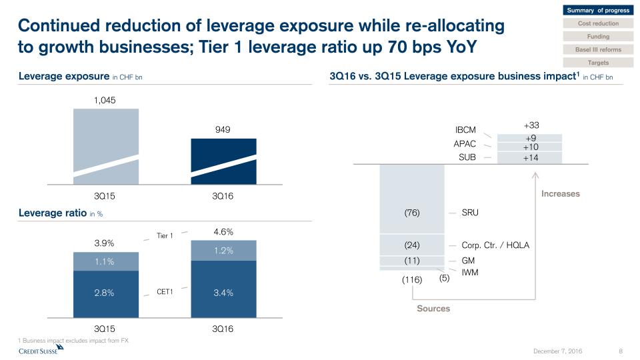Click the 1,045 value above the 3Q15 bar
[x=106, y=100]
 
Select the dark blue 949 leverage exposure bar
[x=223, y=160]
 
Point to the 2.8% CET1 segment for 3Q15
[x=106, y=292]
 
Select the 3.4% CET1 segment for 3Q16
[x=223, y=292]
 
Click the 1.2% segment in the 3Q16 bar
[x=223, y=251]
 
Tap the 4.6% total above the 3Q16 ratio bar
[x=223, y=232]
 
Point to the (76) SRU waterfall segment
[x=411, y=213]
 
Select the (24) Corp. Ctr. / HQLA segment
[x=411, y=245]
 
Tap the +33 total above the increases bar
[x=531, y=125]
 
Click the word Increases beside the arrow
[x=560, y=194]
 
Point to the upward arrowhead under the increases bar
[x=535, y=175]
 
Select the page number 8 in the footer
[x=621, y=351]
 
